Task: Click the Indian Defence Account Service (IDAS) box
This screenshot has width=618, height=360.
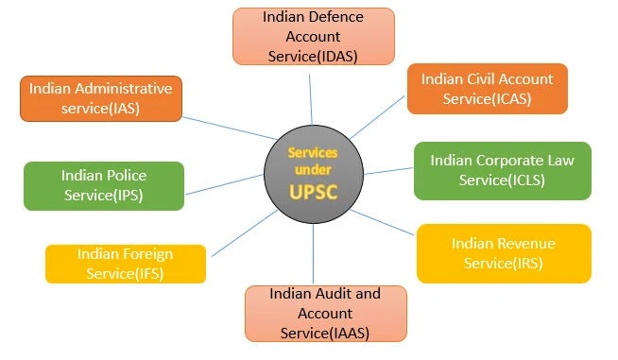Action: pyautogui.click(x=313, y=37)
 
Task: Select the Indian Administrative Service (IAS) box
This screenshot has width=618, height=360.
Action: pyautogui.click(x=100, y=98)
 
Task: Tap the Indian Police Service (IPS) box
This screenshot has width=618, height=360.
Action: pyautogui.click(x=104, y=185)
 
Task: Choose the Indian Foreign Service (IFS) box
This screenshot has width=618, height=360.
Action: pyautogui.click(x=125, y=264)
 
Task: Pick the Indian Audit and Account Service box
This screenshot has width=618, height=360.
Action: pyautogui.click(x=325, y=313)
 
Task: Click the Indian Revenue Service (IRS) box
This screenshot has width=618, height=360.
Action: pyautogui.click(x=503, y=253)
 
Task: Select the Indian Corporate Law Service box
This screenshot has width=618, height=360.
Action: pyautogui.click(x=502, y=171)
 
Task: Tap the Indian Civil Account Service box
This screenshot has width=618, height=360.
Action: pyautogui.click(x=487, y=89)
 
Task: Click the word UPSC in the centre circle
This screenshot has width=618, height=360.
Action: pyautogui.click(x=313, y=194)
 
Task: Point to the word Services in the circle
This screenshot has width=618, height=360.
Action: pyautogui.click(x=313, y=152)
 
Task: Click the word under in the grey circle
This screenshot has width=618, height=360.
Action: pyautogui.click(x=313, y=170)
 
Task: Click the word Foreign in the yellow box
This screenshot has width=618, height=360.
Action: pyautogui.click(x=146, y=253)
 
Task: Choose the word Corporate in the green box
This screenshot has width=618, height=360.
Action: pyautogui.click(x=510, y=161)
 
